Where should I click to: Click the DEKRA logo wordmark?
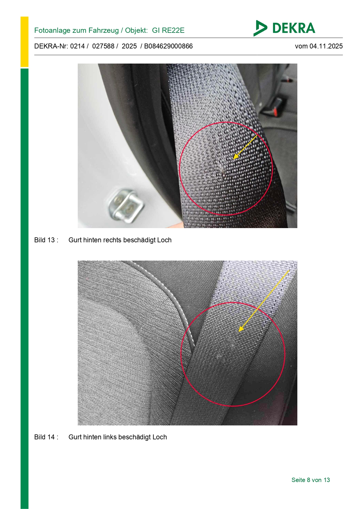click(x=294, y=28)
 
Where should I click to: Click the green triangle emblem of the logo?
click(x=260, y=28)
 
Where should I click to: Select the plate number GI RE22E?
click(x=168, y=30)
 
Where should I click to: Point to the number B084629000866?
click(x=168, y=46)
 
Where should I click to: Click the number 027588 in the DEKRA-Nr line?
click(x=103, y=46)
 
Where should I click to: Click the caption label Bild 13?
click(x=45, y=240)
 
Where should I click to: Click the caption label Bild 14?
click(x=45, y=437)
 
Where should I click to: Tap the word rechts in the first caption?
click(x=111, y=240)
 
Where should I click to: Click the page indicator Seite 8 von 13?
click(x=311, y=480)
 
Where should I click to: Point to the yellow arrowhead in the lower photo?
click(x=241, y=328)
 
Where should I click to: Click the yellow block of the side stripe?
click(x=24, y=42)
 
